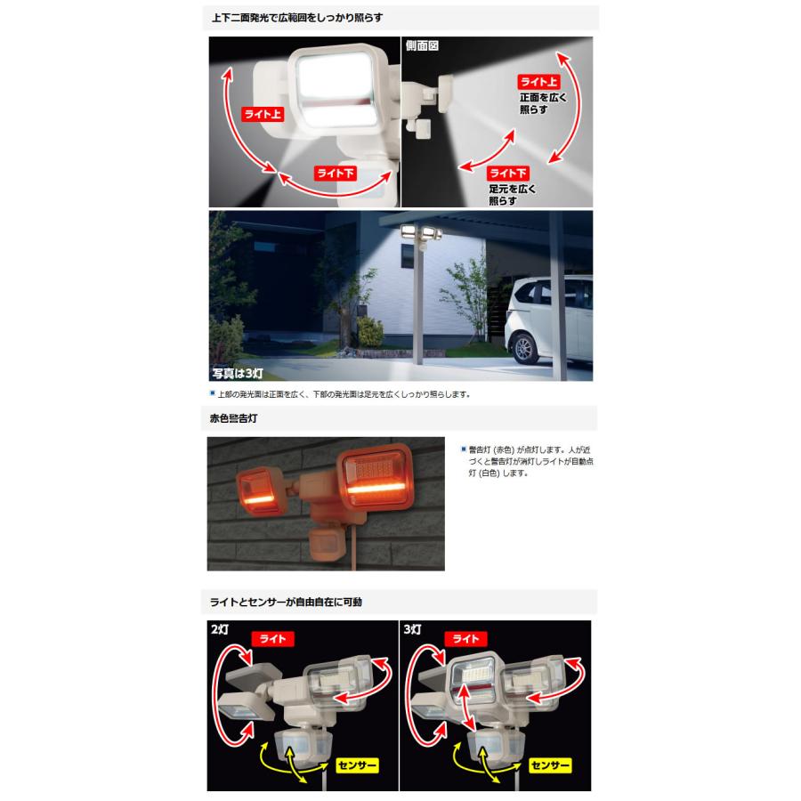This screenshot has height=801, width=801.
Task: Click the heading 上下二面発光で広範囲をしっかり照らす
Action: (297, 17)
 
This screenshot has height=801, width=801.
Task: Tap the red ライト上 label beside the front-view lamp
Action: (263, 114)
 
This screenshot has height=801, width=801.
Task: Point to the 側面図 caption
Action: (422, 44)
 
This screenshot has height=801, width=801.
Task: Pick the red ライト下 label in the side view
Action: (509, 173)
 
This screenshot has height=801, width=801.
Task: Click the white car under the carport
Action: (547, 326)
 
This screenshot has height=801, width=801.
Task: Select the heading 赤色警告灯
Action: (233, 417)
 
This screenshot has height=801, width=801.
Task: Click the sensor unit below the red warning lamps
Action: (328, 542)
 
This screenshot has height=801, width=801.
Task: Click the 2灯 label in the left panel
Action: (220, 629)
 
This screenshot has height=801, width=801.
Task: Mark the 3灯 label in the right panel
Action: (414, 629)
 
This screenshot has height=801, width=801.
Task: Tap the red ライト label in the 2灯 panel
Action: (273, 638)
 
